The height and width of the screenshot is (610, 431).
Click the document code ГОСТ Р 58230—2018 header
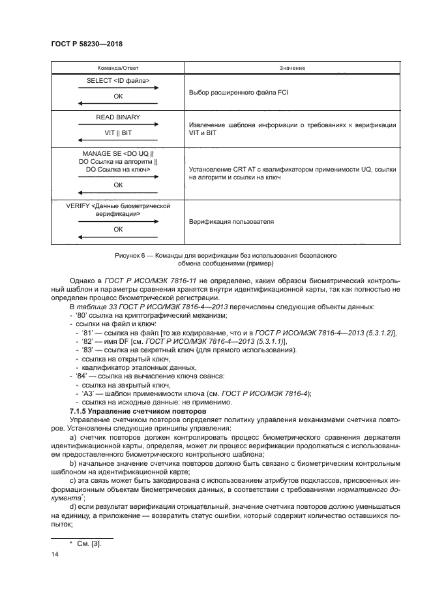[x=87, y=43]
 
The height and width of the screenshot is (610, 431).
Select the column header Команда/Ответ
[x=118, y=68]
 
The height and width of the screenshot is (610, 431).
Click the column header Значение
[x=292, y=68]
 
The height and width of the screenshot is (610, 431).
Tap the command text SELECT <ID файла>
[x=118, y=81]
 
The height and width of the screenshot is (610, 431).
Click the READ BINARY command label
[x=118, y=117]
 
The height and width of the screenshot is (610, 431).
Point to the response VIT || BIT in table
[x=118, y=132]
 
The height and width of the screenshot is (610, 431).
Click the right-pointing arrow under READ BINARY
[x=118, y=124]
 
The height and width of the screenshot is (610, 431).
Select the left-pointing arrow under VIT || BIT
[x=118, y=140]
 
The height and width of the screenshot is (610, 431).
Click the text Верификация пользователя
[x=222, y=222]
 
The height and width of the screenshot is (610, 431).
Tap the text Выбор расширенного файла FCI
[x=239, y=93]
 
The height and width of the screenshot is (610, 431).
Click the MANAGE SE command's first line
[x=118, y=154]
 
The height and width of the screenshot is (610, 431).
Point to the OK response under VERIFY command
[x=118, y=230]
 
